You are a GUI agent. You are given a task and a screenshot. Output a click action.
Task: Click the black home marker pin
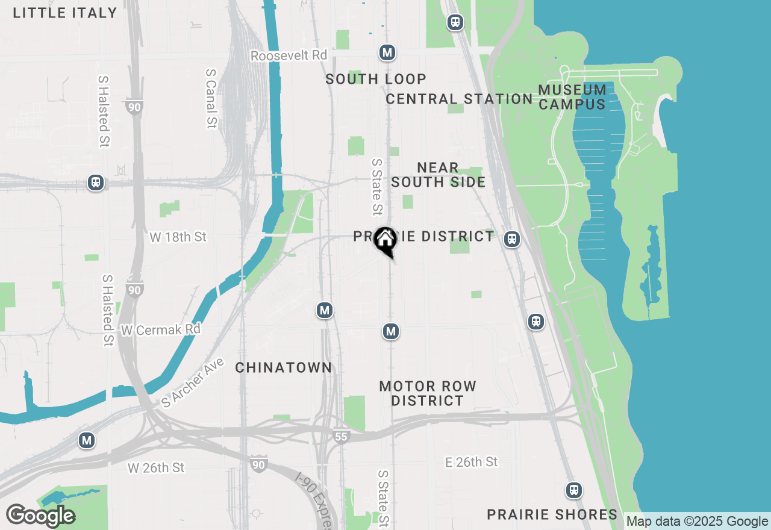[385, 240]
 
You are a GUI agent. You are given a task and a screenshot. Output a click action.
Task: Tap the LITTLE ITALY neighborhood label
[65, 13]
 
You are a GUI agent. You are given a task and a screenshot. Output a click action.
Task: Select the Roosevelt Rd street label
[289, 55]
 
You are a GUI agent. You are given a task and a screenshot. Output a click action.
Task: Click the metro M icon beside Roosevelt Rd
[387, 53]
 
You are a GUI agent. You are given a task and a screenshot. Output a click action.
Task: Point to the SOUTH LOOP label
[376, 79]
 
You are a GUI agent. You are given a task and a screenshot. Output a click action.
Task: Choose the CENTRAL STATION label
[459, 99]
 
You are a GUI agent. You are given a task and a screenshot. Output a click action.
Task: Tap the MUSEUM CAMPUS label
[572, 97]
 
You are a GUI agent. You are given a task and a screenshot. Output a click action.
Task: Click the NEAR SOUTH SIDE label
[438, 175]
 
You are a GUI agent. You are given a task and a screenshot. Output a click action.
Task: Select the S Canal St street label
[211, 98]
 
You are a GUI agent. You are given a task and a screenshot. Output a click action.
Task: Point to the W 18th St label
[178, 237]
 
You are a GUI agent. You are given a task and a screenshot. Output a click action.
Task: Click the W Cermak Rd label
[160, 330]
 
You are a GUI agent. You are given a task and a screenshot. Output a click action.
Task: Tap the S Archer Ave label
[193, 382]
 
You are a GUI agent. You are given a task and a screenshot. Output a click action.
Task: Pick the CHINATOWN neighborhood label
[283, 367]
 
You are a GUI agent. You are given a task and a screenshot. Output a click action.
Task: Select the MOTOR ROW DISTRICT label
[428, 393]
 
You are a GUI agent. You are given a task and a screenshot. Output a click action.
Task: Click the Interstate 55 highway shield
[341, 436]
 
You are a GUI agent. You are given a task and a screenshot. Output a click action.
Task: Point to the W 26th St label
[155, 467]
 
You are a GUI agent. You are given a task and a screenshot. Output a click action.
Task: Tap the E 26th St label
[472, 462]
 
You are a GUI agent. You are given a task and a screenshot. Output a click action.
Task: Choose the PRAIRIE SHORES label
[552, 514]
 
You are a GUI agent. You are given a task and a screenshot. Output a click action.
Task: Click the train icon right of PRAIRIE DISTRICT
[512, 239]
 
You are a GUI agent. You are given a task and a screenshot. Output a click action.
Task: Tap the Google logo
[40, 516]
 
